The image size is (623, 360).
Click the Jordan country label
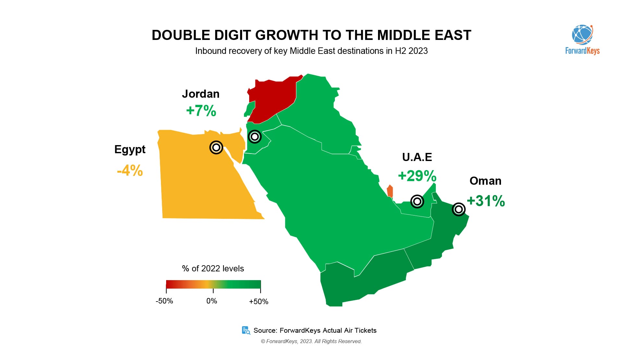201,94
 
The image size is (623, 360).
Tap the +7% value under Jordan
201,111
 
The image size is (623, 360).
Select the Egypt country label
130,149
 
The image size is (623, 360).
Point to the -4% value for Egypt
130,170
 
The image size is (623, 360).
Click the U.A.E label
417,157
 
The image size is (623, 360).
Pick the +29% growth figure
417,176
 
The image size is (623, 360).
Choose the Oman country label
485,181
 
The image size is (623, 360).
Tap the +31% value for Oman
486,201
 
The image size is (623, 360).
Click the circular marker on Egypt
216,148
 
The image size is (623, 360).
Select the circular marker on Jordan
255,137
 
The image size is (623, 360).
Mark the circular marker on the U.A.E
417,202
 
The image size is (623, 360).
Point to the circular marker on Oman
458,210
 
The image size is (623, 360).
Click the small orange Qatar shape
390,191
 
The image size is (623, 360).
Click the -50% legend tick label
164,301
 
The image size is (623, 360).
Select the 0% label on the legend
212,301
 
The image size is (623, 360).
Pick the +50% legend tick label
259,302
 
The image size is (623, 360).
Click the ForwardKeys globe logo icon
582,35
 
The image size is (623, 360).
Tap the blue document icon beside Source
246,330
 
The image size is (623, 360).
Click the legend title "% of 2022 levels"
213,268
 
